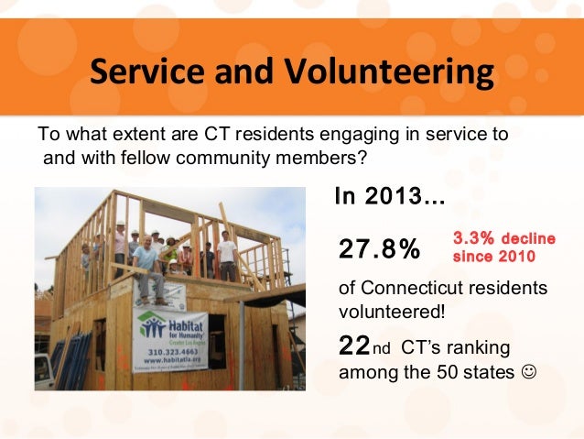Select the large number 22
click(x=354, y=346)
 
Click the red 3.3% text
click(x=474, y=238)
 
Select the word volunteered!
click(x=392, y=312)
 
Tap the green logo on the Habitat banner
click(x=152, y=328)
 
